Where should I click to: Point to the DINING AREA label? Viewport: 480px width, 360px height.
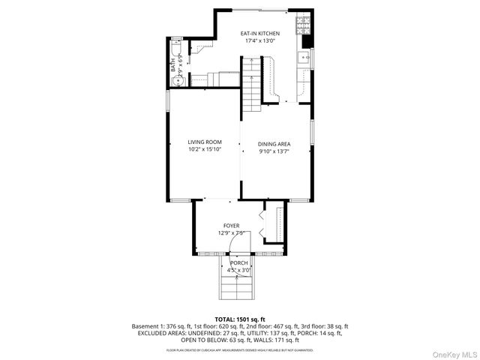[274, 144]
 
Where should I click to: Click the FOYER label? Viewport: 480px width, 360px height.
[231, 225]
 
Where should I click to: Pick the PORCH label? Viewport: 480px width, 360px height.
[238, 263]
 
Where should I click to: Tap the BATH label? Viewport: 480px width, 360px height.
[172, 66]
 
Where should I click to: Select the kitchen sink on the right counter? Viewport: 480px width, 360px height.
[305, 56]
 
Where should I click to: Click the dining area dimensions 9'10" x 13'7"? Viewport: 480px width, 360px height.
[274, 151]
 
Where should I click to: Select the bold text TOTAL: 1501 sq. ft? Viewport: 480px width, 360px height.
[240, 319]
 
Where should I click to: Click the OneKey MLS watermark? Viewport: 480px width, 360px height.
[455, 353]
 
